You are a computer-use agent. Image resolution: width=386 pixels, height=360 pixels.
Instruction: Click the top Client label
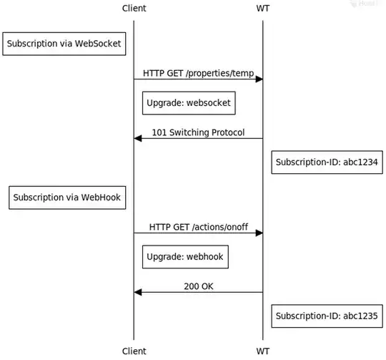[x=134, y=8]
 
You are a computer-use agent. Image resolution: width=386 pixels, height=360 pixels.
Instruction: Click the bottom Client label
[x=134, y=351]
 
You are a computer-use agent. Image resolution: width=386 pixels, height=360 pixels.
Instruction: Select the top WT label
[x=262, y=8]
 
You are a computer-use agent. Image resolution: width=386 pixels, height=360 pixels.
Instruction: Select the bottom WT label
[x=262, y=351]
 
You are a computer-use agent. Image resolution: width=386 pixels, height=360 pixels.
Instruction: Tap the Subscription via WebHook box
[x=68, y=198]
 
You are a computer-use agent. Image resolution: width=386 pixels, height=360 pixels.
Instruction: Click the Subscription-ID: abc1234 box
[x=326, y=162]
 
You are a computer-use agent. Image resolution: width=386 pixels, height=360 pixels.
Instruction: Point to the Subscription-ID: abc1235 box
[x=326, y=316]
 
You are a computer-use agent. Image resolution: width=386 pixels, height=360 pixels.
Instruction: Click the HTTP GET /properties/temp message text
[x=198, y=73]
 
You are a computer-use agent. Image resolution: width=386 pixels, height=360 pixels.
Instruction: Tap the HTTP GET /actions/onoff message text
[x=198, y=227]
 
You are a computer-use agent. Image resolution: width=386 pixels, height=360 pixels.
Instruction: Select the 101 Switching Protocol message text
[x=198, y=132]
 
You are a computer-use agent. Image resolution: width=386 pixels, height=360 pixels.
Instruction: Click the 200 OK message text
[x=198, y=286]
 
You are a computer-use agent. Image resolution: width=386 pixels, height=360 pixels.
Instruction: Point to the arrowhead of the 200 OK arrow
[x=138, y=292]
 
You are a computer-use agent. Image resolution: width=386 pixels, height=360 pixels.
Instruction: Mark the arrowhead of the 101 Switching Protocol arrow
[x=138, y=138]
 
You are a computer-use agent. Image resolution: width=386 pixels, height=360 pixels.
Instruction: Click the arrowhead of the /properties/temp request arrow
[x=259, y=79]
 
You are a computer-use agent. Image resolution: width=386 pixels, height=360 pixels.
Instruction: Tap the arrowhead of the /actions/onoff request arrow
[x=259, y=233]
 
